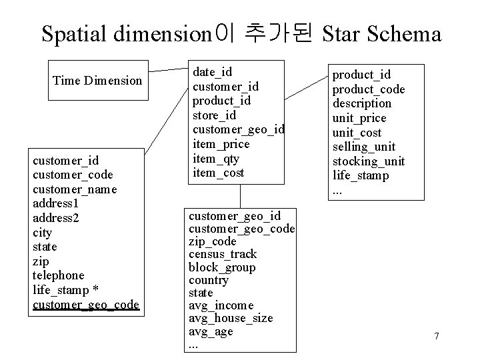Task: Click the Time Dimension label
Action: [x=97, y=81]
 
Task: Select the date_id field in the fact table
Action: [x=212, y=72]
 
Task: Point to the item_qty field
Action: [x=215, y=159]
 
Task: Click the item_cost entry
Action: [x=218, y=173]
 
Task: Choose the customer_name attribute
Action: [x=75, y=189]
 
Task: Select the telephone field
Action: [x=59, y=275]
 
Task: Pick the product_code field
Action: [x=369, y=89]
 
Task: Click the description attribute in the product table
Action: [x=362, y=103]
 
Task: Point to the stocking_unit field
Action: [x=369, y=161]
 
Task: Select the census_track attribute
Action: [x=223, y=254]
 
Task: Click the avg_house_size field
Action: [x=231, y=318]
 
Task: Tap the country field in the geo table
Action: [x=209, y=280]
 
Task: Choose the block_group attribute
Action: [x=222, y=267]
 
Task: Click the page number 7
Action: [x=436, y=336]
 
